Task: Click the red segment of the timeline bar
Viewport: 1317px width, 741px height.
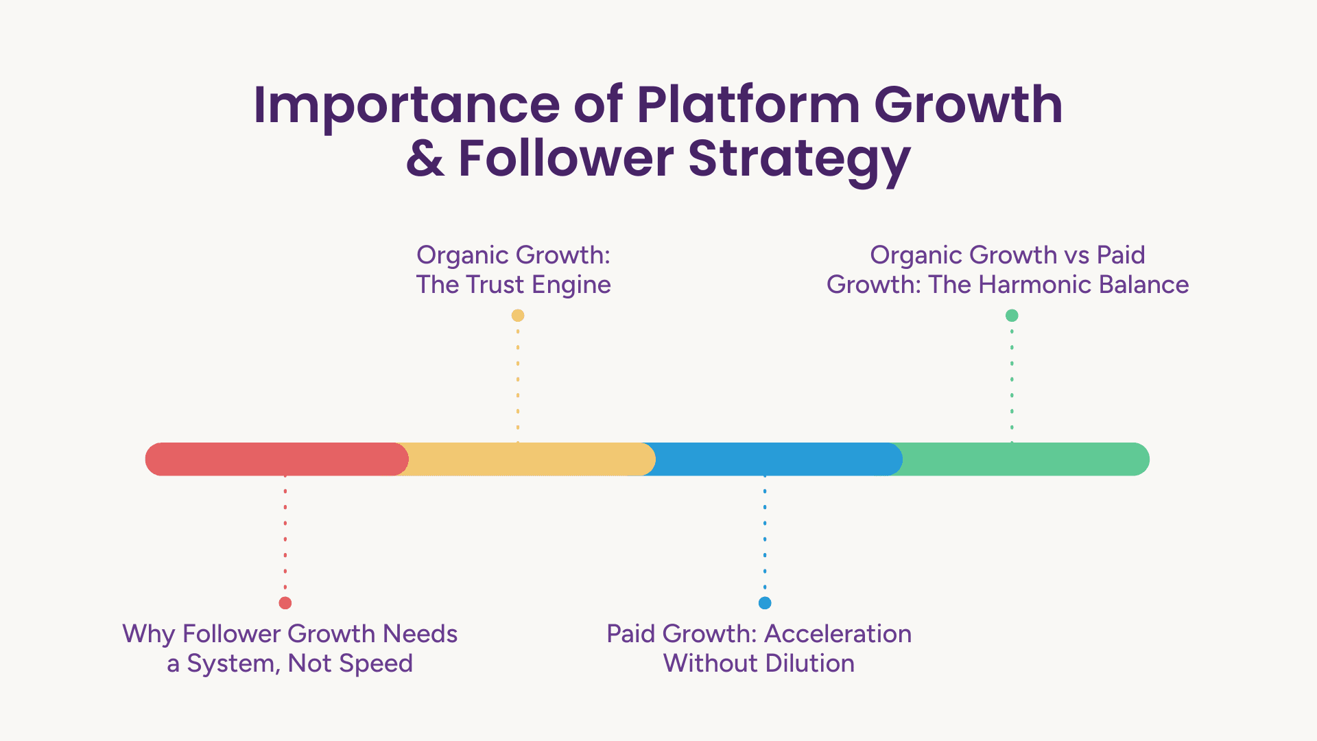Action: point(277,459)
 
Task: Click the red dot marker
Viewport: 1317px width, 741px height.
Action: point(285,603)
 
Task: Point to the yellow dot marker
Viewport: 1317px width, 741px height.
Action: point(518,316)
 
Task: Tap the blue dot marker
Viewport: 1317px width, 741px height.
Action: point(765,603)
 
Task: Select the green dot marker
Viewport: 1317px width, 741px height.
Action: point(1012,316)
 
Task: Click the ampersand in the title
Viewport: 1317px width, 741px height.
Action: point(425,159)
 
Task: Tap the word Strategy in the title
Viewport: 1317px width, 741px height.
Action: point(800,162)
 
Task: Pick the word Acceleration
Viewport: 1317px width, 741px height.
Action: point(838,633)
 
